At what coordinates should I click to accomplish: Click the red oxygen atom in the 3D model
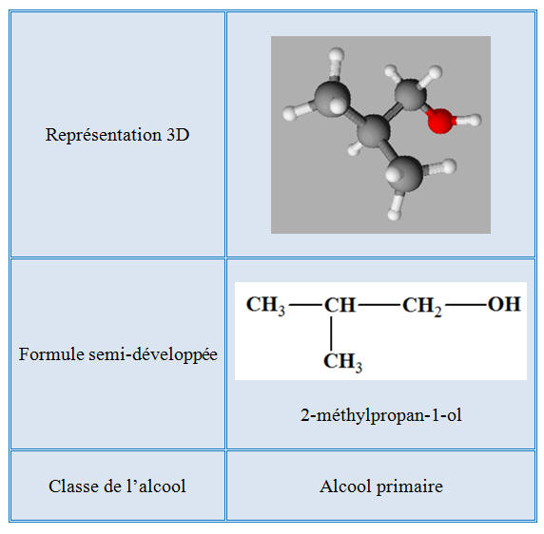440,121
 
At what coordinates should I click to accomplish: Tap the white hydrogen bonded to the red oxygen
473,121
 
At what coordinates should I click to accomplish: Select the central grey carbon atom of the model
374,132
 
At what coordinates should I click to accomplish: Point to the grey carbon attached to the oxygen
410,95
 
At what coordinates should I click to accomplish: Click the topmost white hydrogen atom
336,55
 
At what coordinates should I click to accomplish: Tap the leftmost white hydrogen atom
289,113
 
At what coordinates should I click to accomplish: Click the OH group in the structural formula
504,304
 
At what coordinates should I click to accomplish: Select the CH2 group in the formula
422,306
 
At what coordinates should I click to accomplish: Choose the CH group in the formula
340,305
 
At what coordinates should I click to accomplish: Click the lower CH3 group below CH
342,362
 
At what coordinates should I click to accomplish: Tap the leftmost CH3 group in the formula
265,306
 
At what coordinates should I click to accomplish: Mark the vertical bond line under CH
331,334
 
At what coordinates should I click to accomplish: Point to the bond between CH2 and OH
467,305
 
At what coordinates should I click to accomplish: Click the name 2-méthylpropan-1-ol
381,415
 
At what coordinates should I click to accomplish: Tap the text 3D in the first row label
178,135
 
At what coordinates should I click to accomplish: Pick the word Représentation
104,135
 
